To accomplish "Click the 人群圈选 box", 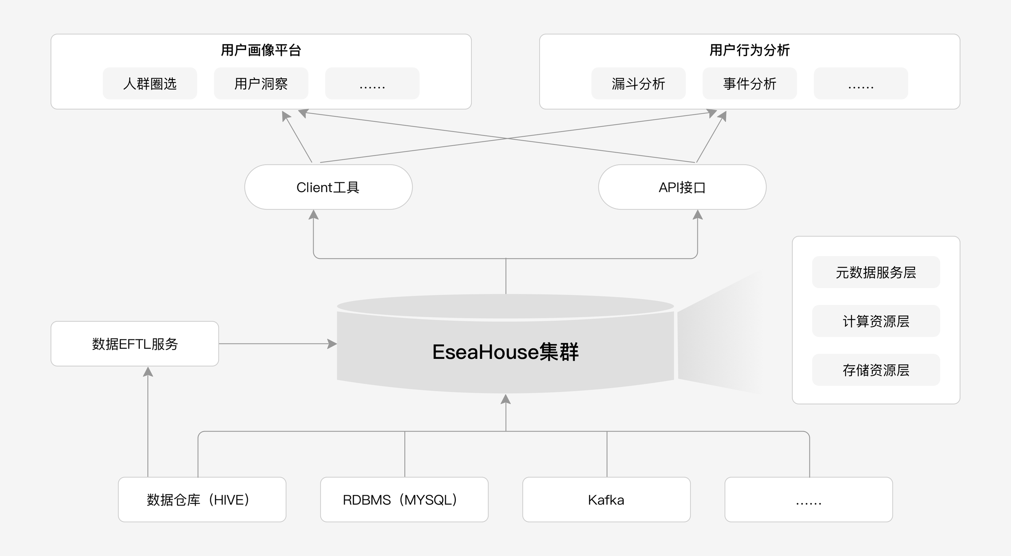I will click(x=150, y=83).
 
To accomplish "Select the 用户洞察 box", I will click(x=261, y=83).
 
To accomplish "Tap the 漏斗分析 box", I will click(x=639, y=83).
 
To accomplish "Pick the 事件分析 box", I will click(x=750, y=83).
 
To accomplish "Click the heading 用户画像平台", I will click(x=261, y=50).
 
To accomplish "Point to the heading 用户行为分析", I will click(x=750, y=50).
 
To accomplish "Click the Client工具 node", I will click(x=328, y=187).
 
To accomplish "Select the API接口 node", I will click(x=682, y=187).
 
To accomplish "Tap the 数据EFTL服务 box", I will click(x=135, y=344).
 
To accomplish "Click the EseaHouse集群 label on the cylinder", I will click(x=505, y=352).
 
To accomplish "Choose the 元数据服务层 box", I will click(x=876, y=272).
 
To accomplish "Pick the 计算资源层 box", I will click(x=876, y=321).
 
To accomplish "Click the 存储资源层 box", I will click(x=876, y=370).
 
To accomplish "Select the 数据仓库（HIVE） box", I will click(x=202, y=500).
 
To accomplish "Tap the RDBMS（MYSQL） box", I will click(x=404, y=500).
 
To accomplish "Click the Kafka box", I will click(x=607, y=500).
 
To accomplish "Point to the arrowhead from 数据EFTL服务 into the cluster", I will click(x=332, y=344).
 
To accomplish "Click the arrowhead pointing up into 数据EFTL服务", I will click(x=148, y=372).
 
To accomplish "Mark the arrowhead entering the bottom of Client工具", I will click(x=313, y=215).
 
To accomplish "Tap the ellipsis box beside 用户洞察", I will click(x=372, y=83).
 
